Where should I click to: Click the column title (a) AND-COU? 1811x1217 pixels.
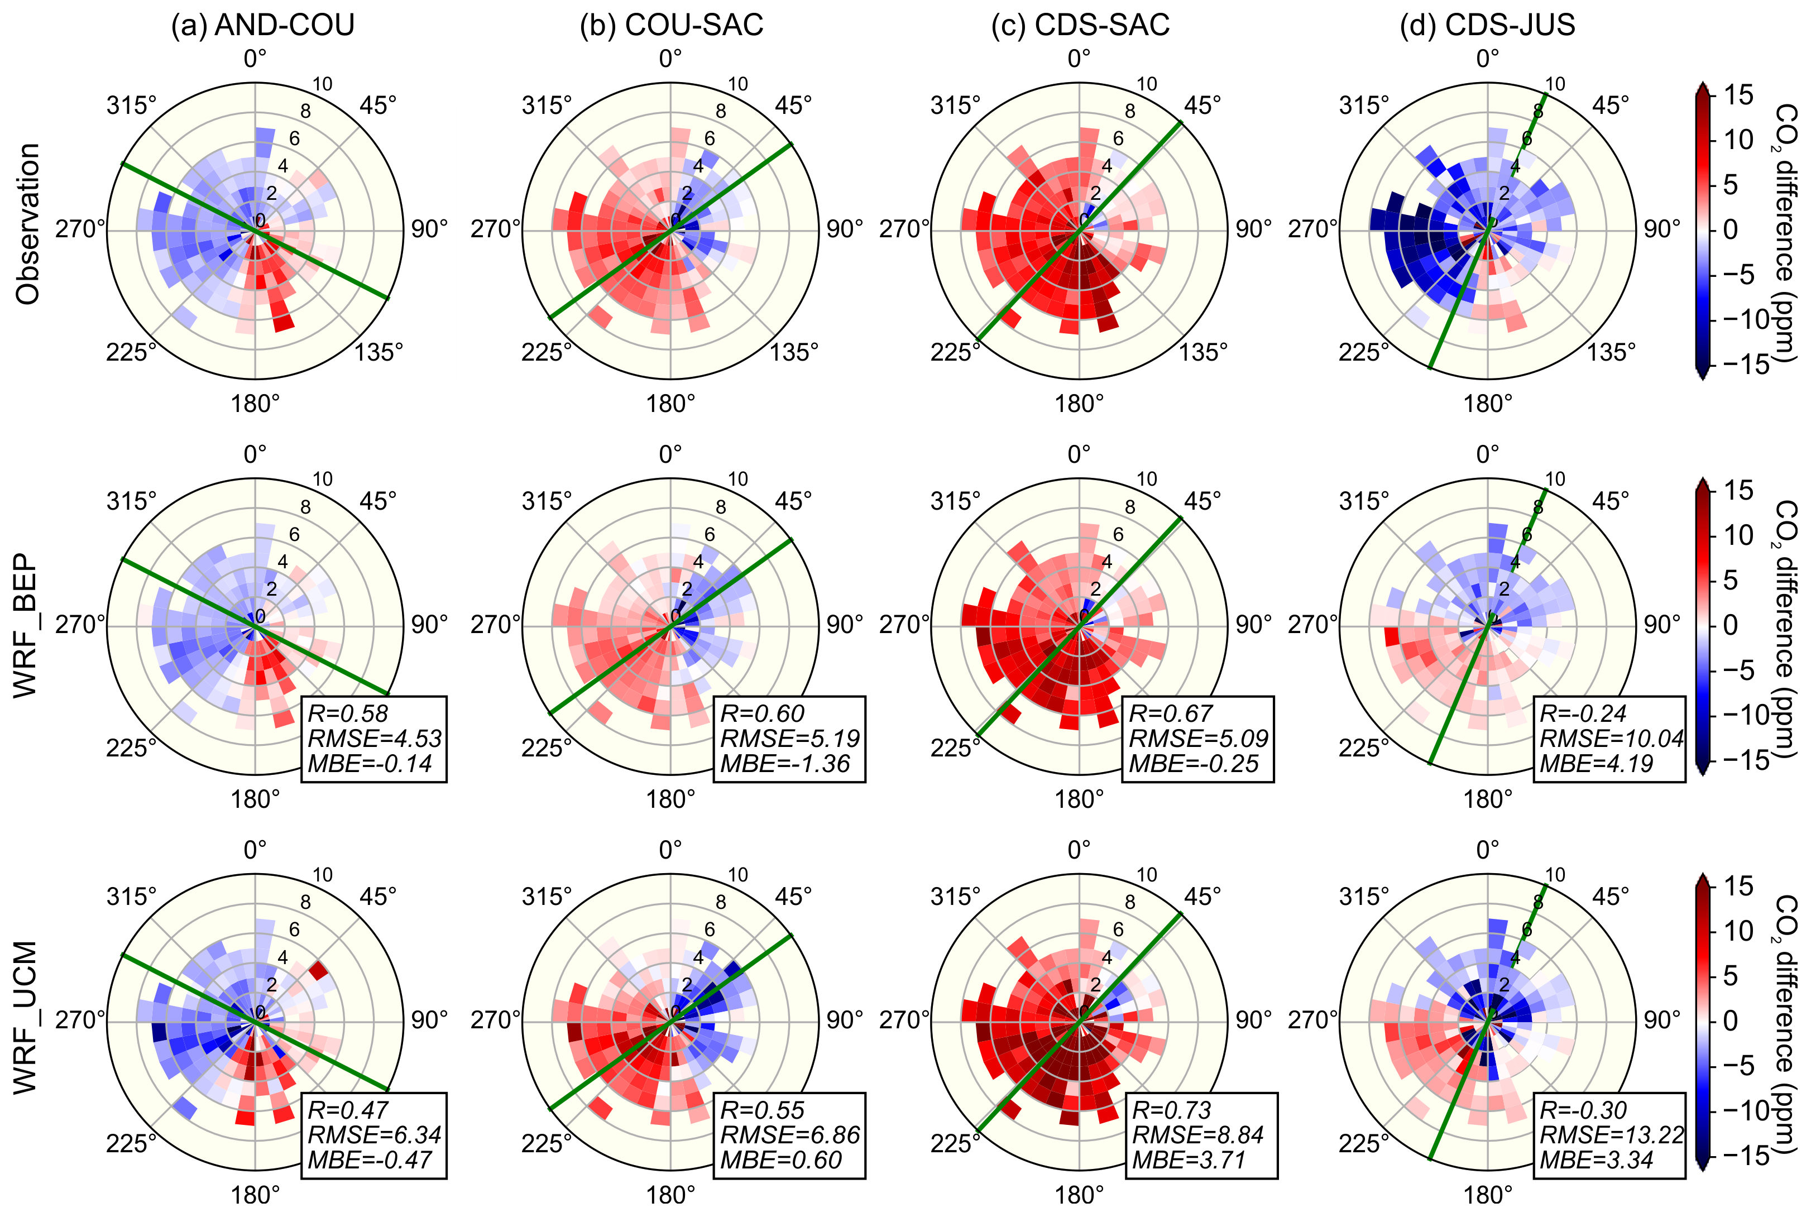click(x=262, y=25)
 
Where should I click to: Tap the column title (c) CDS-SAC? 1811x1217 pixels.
click(x=1080, y=25)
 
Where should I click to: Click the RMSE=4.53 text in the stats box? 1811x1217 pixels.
click(x=375, y=738)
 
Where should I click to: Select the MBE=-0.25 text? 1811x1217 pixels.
click(x=1194, y=764)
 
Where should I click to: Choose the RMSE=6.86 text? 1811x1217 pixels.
click(x=790, y=1135)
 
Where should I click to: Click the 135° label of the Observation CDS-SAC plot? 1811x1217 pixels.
click(x=1204, y=352)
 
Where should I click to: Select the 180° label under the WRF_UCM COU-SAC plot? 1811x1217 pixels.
click(x=670, y=1195)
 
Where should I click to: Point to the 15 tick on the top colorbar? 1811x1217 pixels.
click(x=1738, y=95)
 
